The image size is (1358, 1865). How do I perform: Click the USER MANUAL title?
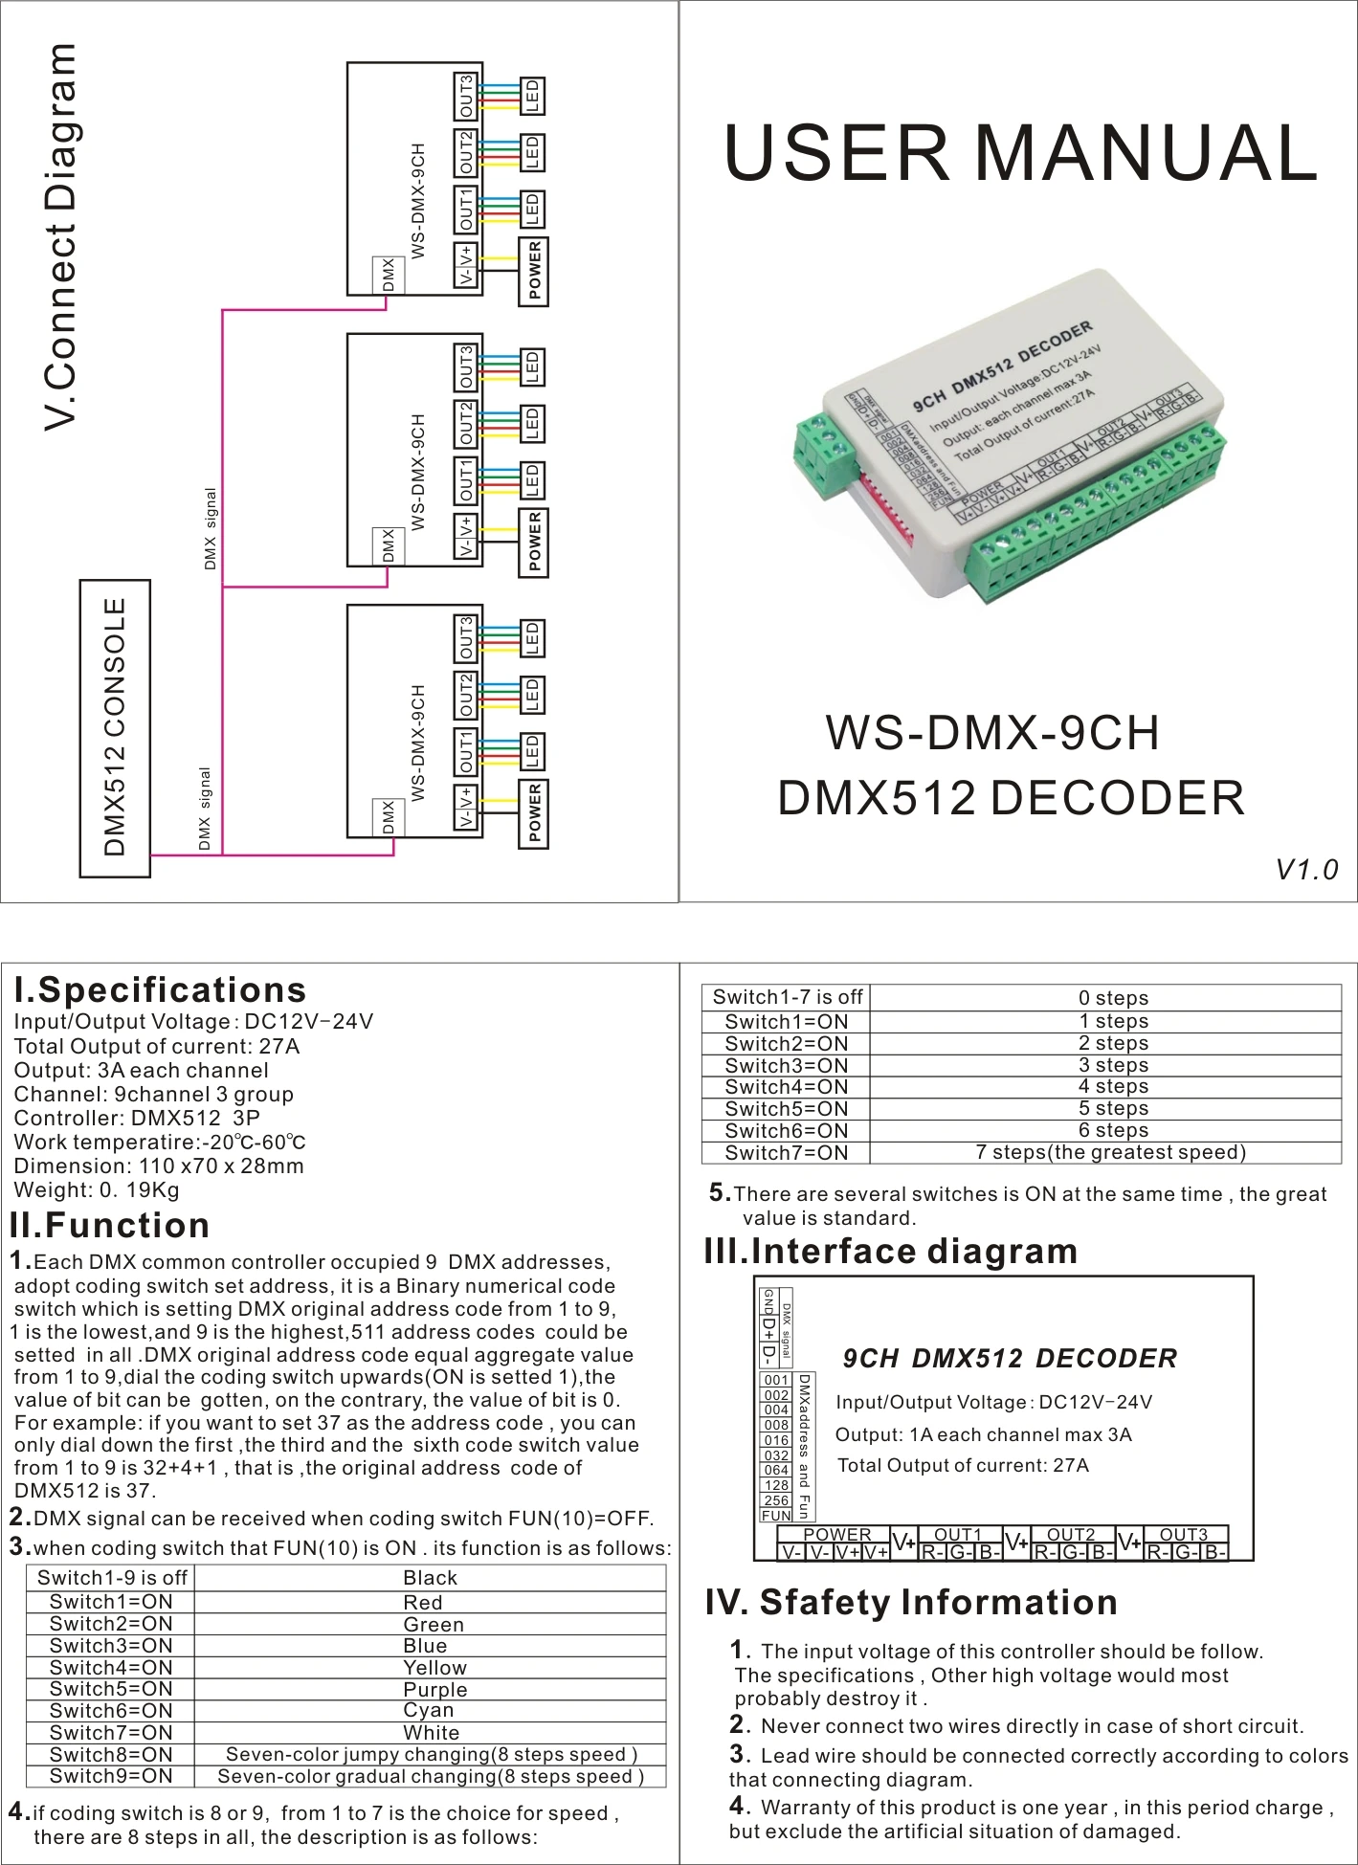click(1020, 153)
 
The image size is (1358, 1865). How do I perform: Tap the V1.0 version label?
click(1305, 869)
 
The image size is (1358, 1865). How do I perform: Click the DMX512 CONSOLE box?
click(115, 727)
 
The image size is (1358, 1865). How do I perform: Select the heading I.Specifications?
click(160, 989)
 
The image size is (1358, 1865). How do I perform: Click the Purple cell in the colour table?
click(434, 1689)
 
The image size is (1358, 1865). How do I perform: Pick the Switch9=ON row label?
click(111, 1776)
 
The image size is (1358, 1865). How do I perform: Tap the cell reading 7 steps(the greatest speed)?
click(1110, 1152)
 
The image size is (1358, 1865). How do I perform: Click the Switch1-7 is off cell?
click(787, 997)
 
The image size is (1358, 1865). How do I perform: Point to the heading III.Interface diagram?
click(891, 1251)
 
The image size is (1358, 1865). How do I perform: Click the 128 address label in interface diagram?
click(776, 1485)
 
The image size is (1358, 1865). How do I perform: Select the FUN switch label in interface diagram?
click(776, 1516)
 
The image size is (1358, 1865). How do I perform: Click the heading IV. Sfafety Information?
click(911, 1602)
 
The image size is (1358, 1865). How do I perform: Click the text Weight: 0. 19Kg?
click(97, 1190)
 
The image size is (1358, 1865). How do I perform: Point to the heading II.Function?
click(110, 1225)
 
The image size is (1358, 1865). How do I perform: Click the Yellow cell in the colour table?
click(434, 1667)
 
